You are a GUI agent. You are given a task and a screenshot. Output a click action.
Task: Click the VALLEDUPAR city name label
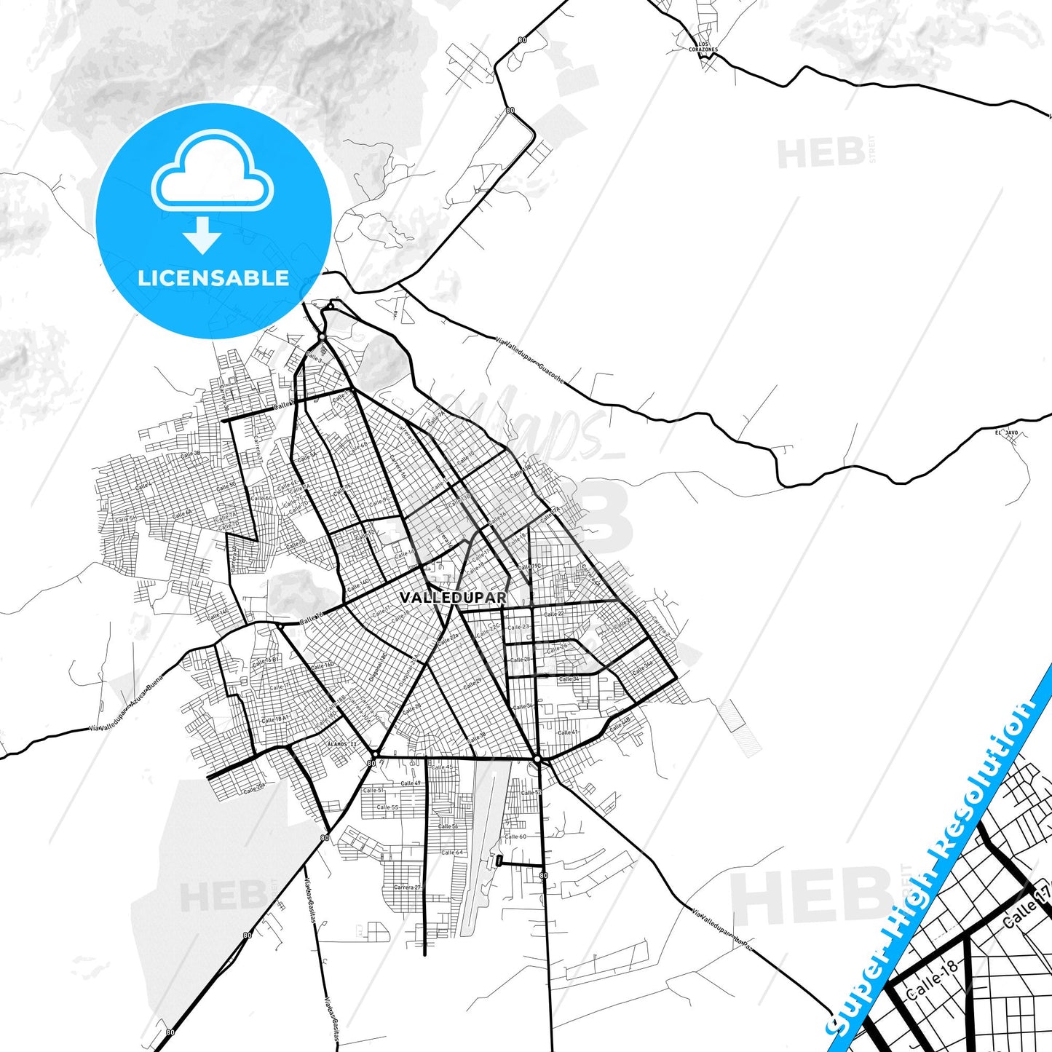[453, 598]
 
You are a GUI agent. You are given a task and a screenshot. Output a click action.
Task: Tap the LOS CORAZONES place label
[703, 47]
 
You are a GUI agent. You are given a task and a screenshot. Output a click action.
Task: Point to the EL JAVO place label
[1006, 433]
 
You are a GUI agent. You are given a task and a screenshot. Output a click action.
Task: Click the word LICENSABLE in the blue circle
[213, 278]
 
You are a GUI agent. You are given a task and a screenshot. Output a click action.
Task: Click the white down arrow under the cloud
[202, 234]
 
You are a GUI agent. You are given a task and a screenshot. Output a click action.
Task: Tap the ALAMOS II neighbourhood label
[343, 744]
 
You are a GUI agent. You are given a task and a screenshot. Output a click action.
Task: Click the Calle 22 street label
[554, 614]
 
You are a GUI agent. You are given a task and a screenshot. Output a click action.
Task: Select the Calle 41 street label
[567, 732]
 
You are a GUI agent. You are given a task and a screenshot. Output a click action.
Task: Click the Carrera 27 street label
[406, 887]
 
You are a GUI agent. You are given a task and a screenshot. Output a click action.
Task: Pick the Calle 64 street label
[451, 853]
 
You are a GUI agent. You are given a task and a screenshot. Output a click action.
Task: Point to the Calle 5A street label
[307, 456]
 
